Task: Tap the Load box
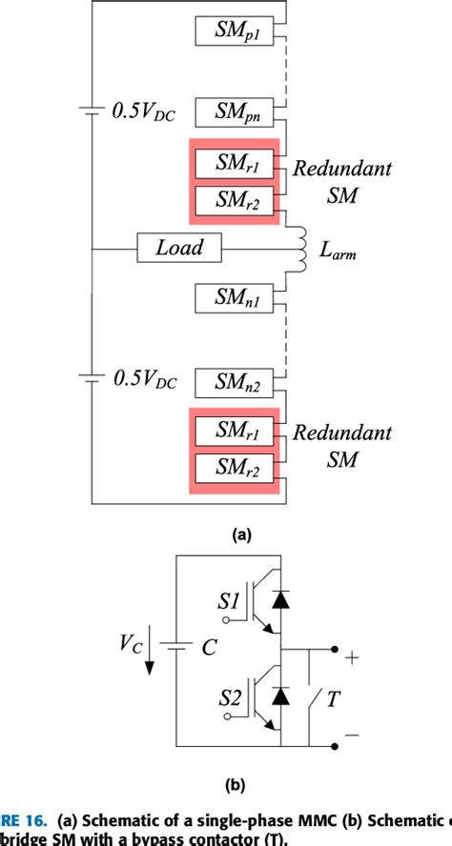179,249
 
